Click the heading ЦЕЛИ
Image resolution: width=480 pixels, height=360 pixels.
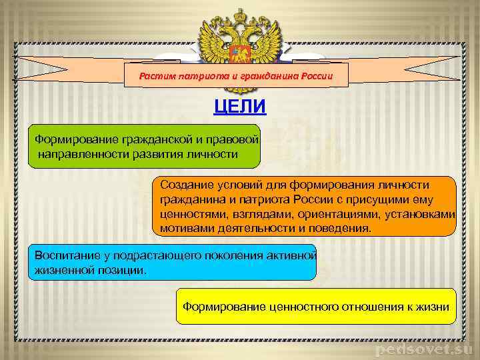(x=239, y=107)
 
